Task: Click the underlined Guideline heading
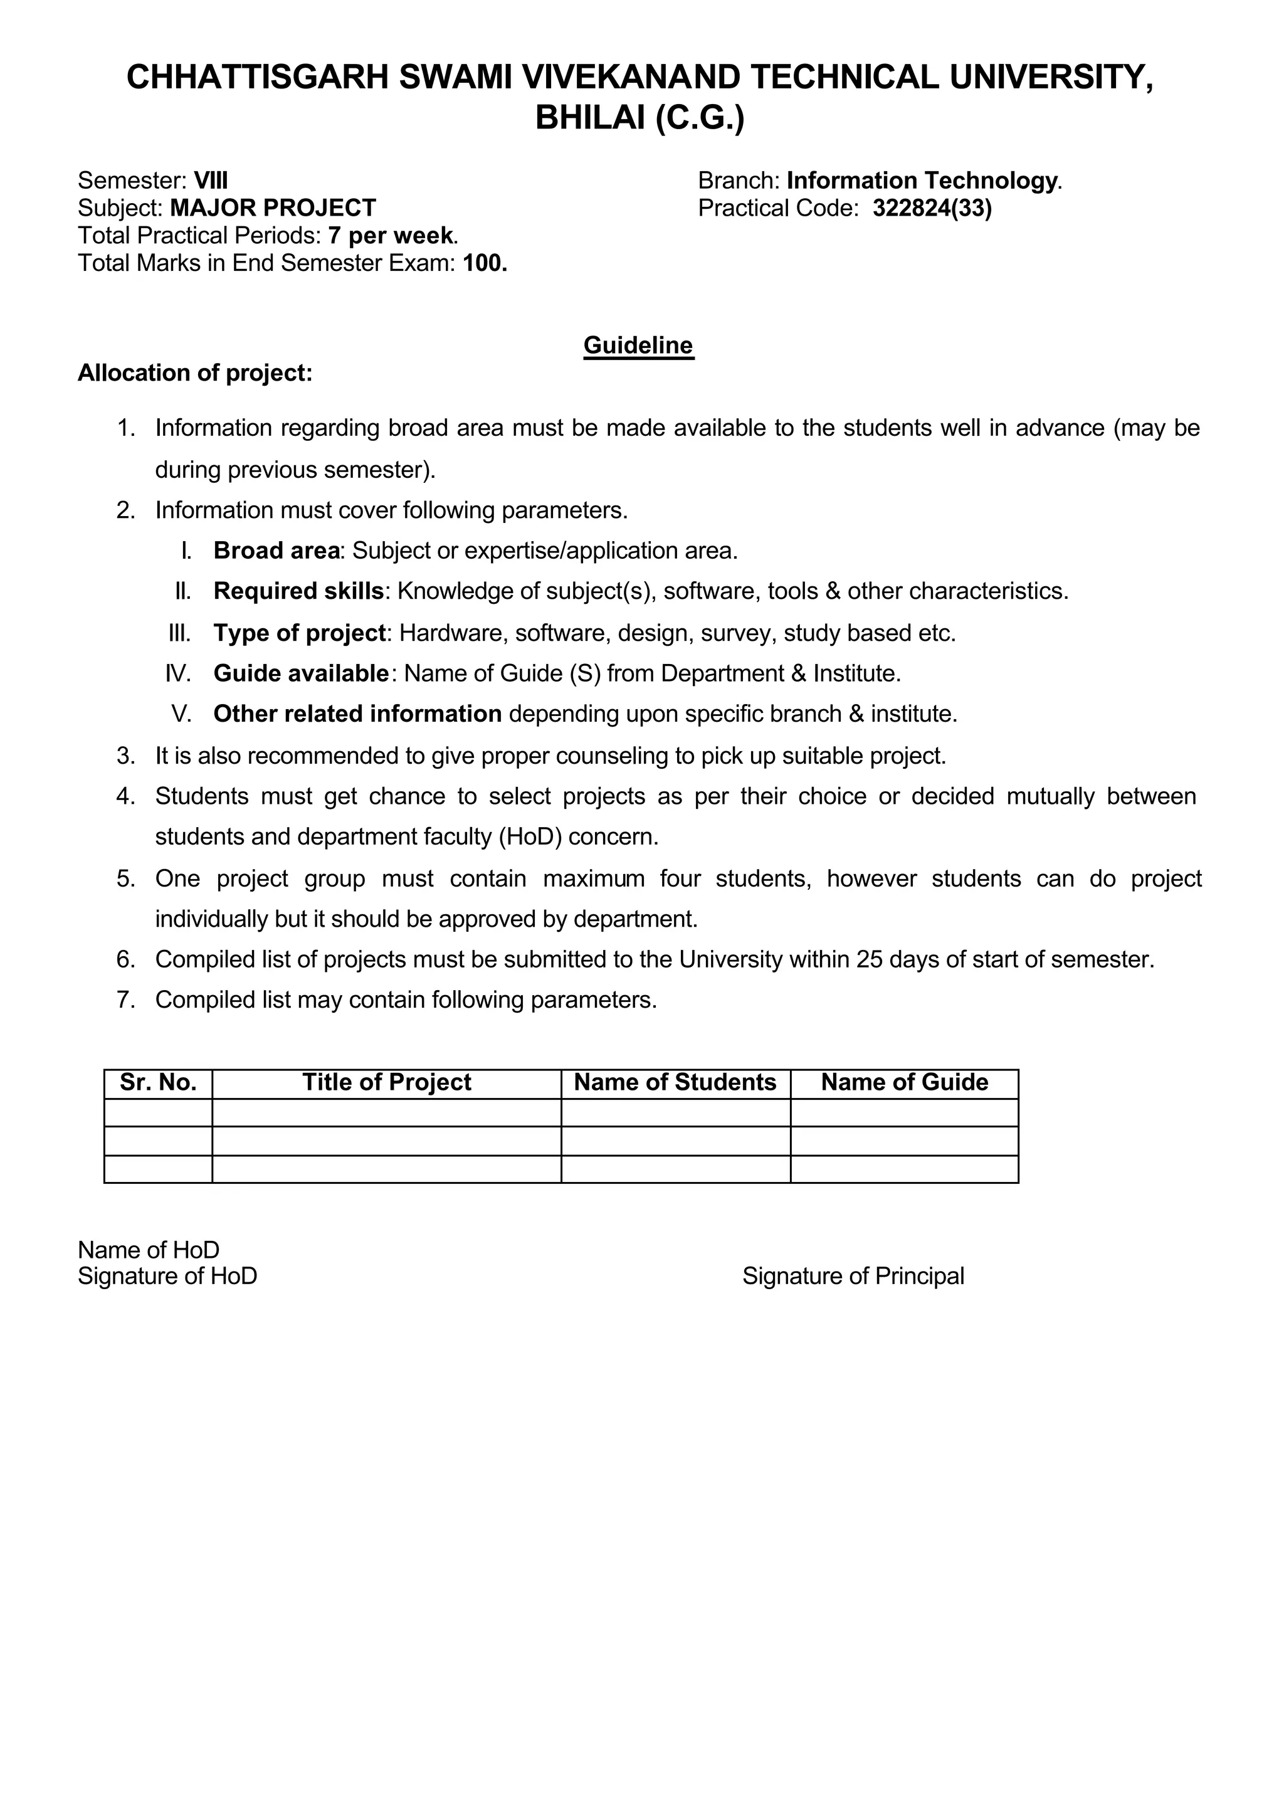(638, 345)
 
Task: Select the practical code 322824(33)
(932, 209)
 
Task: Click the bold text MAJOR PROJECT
(273, 209)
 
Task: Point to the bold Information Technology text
(921, 181)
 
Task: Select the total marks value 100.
(485, 263)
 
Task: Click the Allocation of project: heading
(195, 373)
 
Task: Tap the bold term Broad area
(276, 551)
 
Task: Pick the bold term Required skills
(298, 591)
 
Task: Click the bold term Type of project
(299, 633)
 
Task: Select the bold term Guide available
(300, 673)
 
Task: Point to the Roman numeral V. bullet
(181, 715)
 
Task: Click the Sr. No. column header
(158, 1082)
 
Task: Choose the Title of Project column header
(387, 1082)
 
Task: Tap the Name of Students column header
(675, 1082)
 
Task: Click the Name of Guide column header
(905, 1082)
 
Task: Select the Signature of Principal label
(853, 1276)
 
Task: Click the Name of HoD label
(149, 1250)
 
